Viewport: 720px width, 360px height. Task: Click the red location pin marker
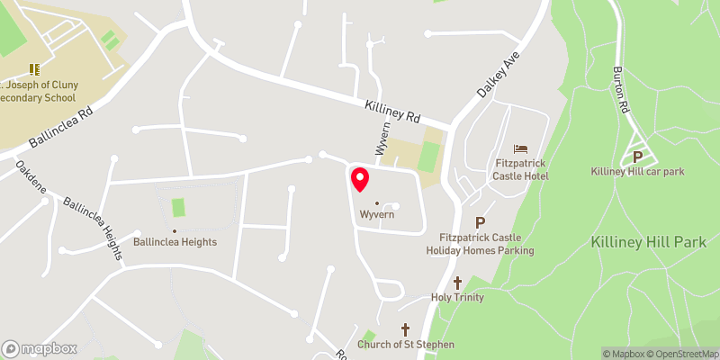359,179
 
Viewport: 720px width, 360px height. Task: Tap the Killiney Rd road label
392,112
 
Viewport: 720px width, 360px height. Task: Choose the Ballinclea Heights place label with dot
175,241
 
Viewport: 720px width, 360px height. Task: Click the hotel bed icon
521,148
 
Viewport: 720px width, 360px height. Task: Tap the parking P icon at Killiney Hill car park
638,155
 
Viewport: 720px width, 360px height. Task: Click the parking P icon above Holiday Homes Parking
480,222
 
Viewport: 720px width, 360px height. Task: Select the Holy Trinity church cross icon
457,283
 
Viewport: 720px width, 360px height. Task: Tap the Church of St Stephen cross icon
405,329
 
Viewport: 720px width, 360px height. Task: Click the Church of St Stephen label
406,345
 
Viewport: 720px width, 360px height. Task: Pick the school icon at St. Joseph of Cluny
36,68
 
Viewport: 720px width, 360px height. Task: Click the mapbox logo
40,348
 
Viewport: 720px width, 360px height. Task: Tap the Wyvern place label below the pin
378,216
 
